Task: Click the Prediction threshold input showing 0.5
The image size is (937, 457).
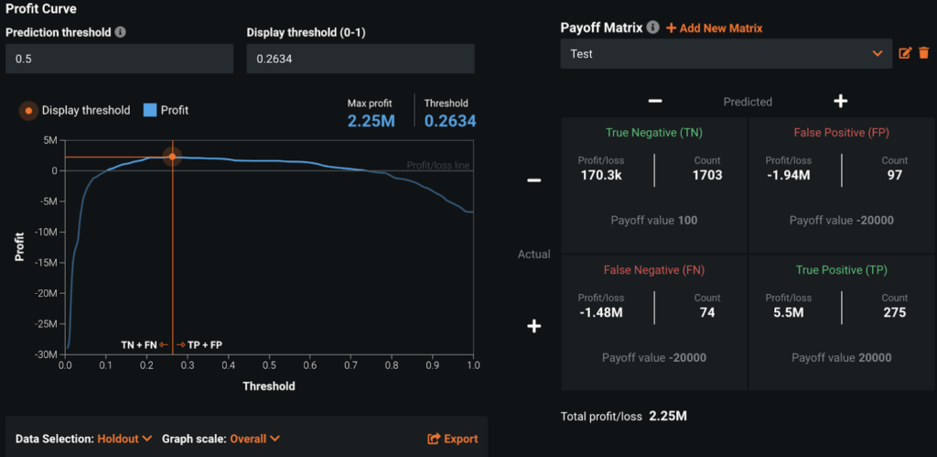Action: pos(119,60)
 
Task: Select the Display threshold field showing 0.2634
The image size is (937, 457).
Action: pos(360,60)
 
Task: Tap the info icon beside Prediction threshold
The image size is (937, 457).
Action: pos(122,32)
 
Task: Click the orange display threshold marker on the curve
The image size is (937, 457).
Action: pos(172,158)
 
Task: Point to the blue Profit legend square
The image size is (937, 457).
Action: pos(150,110)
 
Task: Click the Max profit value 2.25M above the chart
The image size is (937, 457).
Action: pos(372,120)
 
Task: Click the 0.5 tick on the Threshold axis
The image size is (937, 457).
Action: pos(269,365)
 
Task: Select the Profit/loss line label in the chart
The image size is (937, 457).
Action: pos(438,166)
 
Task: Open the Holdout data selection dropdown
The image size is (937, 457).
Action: pos(123,439)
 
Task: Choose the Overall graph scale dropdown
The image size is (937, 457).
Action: pos(254,439)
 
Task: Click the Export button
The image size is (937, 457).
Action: pos(453,439)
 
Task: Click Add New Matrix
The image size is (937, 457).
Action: pos(714,28)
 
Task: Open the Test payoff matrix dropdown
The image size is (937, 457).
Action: pos(726,54)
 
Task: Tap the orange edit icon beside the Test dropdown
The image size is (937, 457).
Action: pos(905,54)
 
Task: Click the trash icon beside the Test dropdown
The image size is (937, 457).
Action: pos(923,54)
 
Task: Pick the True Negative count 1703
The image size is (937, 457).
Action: pos(707,176)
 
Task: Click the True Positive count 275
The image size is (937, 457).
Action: pos(895,312)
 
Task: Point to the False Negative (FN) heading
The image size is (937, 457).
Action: pos(654,269)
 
